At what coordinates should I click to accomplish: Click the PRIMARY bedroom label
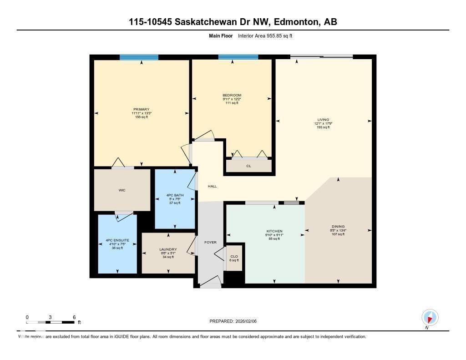pos(141,109)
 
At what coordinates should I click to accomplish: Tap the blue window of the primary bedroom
pos(139,57)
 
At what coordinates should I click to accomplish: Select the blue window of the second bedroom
pos(238,57)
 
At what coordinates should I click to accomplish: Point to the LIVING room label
pos(323,120)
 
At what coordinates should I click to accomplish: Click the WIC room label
pos(122,190)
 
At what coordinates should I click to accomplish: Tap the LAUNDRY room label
pos(168,249)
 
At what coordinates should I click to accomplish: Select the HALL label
pos(212,186)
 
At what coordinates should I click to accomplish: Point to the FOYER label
pos(210,242)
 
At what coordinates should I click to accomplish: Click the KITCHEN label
pos(274,231)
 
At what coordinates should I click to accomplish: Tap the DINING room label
pos(338,227)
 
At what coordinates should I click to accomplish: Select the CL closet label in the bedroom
pos(248,166)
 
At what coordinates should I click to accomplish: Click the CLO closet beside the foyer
pos(234,257)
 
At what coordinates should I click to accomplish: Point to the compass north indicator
pos(430,318)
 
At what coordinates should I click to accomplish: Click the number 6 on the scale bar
pos(74,317)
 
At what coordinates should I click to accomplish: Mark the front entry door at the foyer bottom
pos(210,284)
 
